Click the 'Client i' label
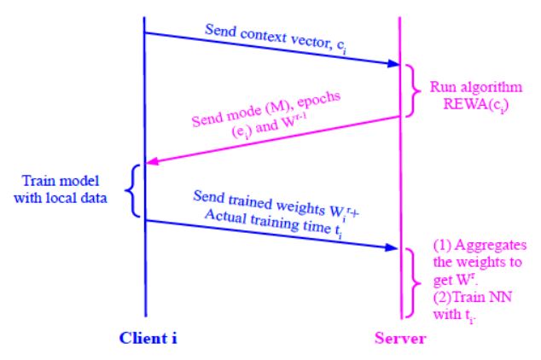(148, 338)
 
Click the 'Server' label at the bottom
(400, 338)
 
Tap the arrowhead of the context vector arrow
(393, 63)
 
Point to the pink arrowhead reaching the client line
(152, 161)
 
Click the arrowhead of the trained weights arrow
(392, 247)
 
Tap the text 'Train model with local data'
(61, 189)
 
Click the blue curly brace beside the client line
(132, 191)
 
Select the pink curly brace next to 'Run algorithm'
(413, 90)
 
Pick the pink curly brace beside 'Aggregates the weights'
(413, 282)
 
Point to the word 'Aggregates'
(491, 246)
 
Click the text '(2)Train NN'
(473, 297)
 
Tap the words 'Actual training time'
(268, 222)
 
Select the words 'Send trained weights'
(259, 201)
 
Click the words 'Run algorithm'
(476, 87)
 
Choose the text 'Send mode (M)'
(240, 114)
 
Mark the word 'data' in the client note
(93, 198)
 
